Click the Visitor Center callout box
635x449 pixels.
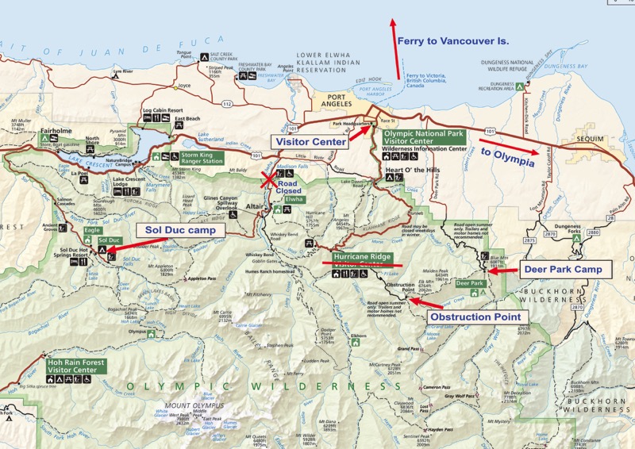click(310, 141)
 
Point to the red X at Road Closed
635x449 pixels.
click(270, 179)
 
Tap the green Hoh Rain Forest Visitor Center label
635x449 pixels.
click(78, 365)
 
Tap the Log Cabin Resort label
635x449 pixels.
click(164, 110)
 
